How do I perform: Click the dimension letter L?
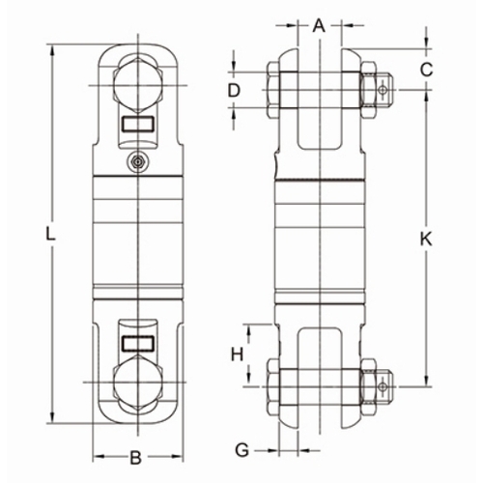coord(50,234)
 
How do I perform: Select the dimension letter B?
coord(136,457)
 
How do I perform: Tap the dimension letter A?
coord(319,25)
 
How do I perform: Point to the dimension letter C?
coord(426,70)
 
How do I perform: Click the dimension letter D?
coord(234,90)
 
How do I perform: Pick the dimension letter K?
coord(426,240)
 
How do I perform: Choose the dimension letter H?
coord(238,355)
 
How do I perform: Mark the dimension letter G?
coord(241,449)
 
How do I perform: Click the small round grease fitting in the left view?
coord(138,161)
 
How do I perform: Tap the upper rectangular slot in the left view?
coord(138,124)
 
